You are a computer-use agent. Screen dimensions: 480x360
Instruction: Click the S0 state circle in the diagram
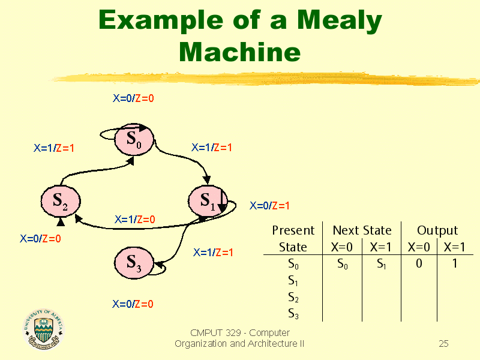coord(134,139)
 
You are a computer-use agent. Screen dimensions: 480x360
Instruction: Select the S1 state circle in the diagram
coord(208,201)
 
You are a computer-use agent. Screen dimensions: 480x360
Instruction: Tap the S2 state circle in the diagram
coord(61,201)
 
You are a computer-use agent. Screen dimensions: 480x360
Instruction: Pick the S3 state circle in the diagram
coord(134,263)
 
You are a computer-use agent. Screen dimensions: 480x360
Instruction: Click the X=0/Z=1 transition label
coord(269,206)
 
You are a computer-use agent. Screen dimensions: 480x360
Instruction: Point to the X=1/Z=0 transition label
coord(134,219)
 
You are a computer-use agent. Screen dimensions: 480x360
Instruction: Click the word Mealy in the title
coord(340,21)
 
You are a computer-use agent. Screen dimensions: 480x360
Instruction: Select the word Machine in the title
coord(239,52)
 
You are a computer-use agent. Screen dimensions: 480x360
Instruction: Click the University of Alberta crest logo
coord(43,329)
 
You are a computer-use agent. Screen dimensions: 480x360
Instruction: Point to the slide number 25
coord(443,343)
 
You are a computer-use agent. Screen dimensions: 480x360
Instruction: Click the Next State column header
coord(362,230)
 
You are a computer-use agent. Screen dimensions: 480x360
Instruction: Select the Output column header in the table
coord(437,230)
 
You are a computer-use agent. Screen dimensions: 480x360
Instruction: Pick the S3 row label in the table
coord(293,313)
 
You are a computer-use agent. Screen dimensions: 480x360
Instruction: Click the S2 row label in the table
coord(293,297)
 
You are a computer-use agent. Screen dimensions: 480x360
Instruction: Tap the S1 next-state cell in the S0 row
coord(382,263)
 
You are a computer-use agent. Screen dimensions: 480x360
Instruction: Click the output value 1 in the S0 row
coord(455,263)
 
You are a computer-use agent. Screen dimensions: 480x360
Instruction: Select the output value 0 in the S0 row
coord(419,263)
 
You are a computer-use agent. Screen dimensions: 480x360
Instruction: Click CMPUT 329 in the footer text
coord(215,332)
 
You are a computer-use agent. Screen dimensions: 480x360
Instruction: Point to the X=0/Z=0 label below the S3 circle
coord(133,304)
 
